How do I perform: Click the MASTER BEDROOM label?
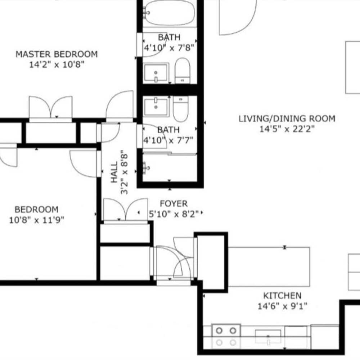tap(57, 54)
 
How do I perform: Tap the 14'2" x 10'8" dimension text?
tap(57, 64)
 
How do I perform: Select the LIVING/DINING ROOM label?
tap(287, 118)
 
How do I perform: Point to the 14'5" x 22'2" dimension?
tap(287, 129)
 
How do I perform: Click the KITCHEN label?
tap(282, 296)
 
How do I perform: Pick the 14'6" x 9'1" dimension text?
tap(282, 306)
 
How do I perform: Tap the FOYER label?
tap(174, 204)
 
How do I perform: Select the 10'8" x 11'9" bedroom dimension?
tap(36, 220)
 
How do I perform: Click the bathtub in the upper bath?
tap(170, 13)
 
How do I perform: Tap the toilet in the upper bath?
tap(182, 71)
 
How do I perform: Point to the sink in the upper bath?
tap(156, 73)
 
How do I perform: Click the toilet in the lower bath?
tap(181, 109)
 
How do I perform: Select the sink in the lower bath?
tap(156, 107)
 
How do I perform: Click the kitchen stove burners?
tap(226, 337)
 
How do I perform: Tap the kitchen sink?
tap(268, 337)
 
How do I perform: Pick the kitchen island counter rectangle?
tap(269, 267)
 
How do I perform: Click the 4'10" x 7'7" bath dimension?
tap(168, 140)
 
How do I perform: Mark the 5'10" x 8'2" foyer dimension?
tap(174, 214)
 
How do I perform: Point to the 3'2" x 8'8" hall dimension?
tap(124, 172)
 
